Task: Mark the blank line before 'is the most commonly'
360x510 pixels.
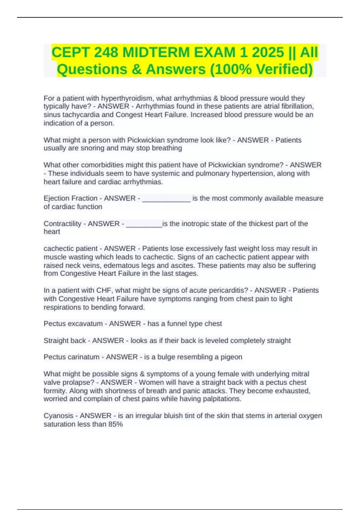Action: pyautogui.click(x=166, y=199)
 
